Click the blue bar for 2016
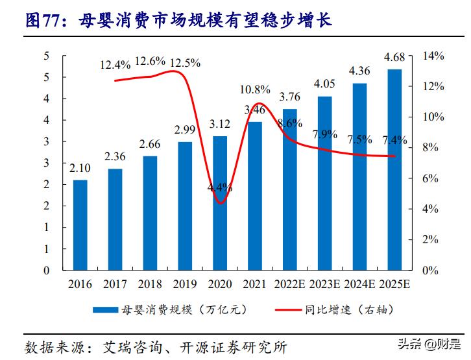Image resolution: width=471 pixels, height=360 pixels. coord(80,224)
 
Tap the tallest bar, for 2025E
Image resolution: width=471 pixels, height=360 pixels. coord(394,169)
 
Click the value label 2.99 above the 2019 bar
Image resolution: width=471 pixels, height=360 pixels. coord(185,130)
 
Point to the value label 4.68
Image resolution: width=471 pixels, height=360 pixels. coord(394,58)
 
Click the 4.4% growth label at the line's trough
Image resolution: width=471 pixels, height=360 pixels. coord(220,187)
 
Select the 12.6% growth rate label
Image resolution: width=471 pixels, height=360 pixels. coord(150,62)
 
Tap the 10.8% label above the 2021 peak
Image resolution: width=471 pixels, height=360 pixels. coord(255,89)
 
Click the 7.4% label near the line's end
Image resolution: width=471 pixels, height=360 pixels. coord(394,140)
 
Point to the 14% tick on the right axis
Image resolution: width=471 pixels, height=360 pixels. coord(432,56)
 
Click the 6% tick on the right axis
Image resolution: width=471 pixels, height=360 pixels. coord(429,178)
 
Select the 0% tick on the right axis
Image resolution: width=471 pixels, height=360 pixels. coord(429,270)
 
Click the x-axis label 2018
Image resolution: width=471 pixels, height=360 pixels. coord(150,284)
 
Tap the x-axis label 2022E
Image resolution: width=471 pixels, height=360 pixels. coord(290,284)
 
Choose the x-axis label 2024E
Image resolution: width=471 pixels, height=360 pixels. coord(360,284)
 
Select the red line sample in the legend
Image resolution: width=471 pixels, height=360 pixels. coord(281,309)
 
